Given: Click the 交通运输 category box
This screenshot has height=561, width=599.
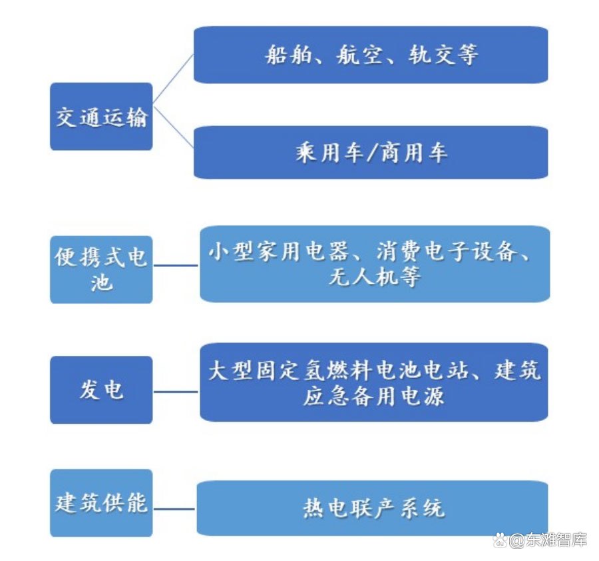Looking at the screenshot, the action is tap(101, 116).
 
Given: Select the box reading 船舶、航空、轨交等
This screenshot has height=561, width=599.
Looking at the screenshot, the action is tap(371, 55).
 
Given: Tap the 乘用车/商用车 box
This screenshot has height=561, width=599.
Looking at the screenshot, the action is tap(371, 152).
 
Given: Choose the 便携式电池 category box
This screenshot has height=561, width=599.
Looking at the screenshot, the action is tap(101, 270).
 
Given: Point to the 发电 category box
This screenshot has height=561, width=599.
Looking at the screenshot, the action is tap(101, 390).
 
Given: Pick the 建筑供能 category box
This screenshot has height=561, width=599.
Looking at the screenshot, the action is tap(101, 503).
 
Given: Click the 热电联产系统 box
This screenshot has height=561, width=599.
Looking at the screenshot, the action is tap(373, 508).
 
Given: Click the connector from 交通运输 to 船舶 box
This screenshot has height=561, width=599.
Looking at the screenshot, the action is tap(174, 79).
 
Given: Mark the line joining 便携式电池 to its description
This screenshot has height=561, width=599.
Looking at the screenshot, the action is tap(176, 265).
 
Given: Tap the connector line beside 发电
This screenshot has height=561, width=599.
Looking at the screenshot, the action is tap(176, 392).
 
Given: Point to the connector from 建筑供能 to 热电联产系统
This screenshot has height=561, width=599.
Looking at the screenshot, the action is tap(174, 509).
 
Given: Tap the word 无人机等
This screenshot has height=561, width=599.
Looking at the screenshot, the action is tap(375, 277).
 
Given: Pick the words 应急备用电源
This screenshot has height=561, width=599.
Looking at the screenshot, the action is tap(373, 396).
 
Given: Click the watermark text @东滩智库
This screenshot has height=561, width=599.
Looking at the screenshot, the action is tap(548, 540).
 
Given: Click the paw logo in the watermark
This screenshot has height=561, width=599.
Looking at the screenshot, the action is tap(500, 540).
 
